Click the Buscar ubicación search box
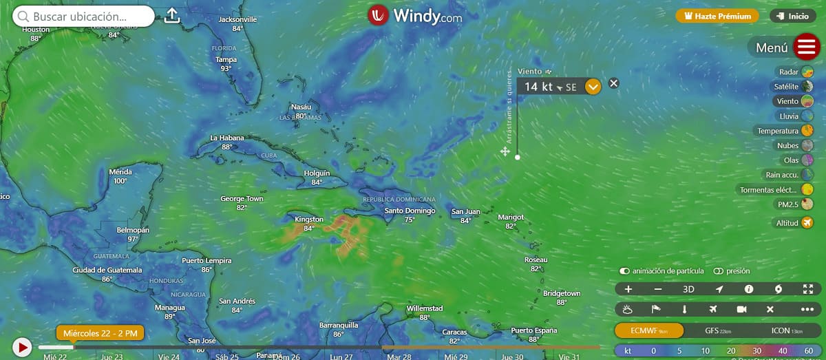[x=83, y=16]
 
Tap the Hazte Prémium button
[x=717, y=16]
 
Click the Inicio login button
[x=793, y=16]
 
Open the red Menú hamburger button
[x=805, y=47]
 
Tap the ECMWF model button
[x=649, y=330]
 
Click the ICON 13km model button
[x=785, y=330]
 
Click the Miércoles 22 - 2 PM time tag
[x=100, y=334]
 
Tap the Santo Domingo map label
[x=410, y=211]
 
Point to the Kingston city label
[x=308, y=220]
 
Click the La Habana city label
[x=226, y=138]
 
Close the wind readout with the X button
[x=614, y=83]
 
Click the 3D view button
[x=688, y=289]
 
